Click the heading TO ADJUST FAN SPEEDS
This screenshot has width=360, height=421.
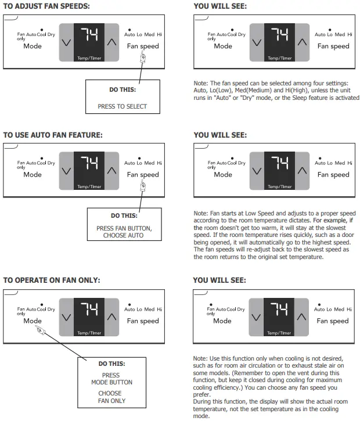click(46, 6)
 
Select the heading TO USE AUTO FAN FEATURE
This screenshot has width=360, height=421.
click(53, 135)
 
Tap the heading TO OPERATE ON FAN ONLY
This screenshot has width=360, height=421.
click(52, 280)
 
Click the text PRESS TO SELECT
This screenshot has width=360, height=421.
click(122, 106)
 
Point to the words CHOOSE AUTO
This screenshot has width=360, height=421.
click(124, 236)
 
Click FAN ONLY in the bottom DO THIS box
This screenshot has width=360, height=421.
click(111, 401)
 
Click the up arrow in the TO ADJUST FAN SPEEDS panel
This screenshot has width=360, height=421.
click(112, 42)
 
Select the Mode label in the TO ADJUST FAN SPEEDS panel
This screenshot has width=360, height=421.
click(33, 46)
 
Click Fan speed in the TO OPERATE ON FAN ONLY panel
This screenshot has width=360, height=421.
click(142, 321)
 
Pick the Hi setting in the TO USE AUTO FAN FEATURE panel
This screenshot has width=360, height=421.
click(159, 163)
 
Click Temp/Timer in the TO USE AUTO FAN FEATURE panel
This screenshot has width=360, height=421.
click(89, 186)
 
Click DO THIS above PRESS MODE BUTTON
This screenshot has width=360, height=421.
click(111, 364)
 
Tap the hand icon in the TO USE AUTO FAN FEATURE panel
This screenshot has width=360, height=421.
click(143, 186)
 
